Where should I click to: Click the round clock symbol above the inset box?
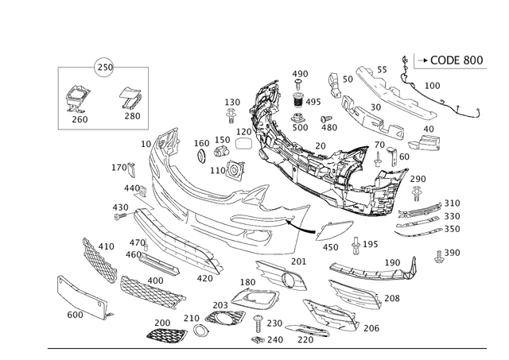point(102,65)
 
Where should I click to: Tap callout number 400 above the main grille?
point(301,74)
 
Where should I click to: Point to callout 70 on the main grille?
point(321,145)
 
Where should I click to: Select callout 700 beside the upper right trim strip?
point(433,84)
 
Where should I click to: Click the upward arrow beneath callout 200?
point(417,193)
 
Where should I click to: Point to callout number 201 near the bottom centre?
point(298,261)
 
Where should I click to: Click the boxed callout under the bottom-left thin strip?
point(76,314)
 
